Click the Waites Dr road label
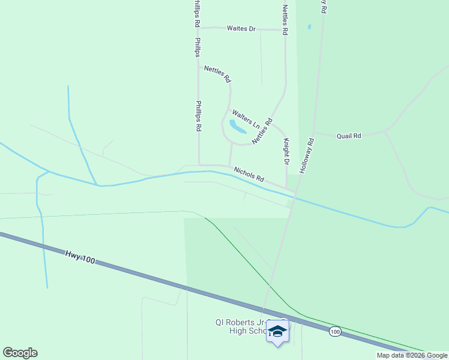241,28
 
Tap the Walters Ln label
246,119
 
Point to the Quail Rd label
349,136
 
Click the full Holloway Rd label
306,156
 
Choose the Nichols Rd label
249,175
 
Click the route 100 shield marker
335,331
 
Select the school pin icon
277,332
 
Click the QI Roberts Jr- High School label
240,326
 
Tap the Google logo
20,353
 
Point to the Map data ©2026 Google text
412,356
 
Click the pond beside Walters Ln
237,127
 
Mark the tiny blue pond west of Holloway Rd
309,27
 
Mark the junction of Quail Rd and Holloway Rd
313,133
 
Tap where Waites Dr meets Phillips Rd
199,28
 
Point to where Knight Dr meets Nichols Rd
286,187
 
